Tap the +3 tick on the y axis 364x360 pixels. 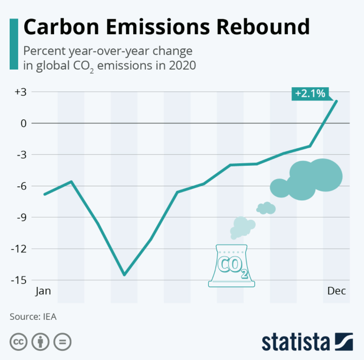[x=21, y=92]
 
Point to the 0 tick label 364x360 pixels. [x=24, y=123]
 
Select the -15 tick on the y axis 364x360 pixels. [x=20, y=280]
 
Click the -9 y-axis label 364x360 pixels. [x=21, y=217]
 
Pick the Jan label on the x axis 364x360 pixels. [x=43, y=291]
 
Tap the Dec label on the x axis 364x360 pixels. [x=337, y=291]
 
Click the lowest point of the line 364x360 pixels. [x=124, y=275]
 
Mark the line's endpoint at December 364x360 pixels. [x=337, y=101]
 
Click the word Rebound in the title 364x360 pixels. [x=255, y=27]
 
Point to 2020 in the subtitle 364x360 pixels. [x=182, y=66]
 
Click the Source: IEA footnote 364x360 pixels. [x=33, y=316]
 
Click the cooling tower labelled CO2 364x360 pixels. [x=231, y=264]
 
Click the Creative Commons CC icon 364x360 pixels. [x=19, y=341]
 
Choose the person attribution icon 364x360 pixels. [x=41, y=341]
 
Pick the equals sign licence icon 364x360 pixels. [x=62, y=341]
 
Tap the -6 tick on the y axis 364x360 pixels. [x=21, y=186]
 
